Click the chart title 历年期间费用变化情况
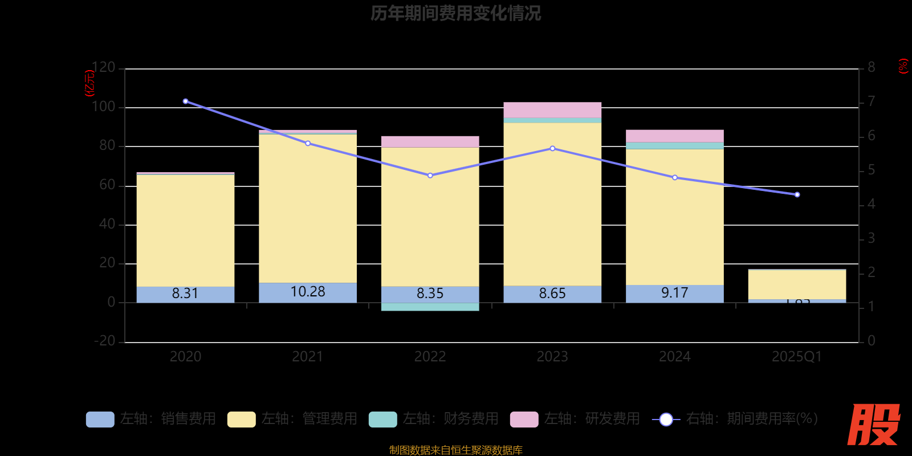(x=455, y=13)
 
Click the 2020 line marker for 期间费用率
(x=186, y=101)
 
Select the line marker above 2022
(x=430, y=176)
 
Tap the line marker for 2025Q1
(x=797, y=195)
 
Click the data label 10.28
(x=308, y=292)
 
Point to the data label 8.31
(x=185, y=294)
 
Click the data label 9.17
(x=675, y=293)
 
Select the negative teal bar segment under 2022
(x=430, y=307)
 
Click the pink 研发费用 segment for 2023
(x=552, y=110)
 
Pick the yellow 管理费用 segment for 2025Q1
(x=797, y=284)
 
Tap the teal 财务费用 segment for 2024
(x=675, y=145)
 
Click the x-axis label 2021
(x=308, y=357)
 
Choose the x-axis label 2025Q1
(x=797, y=357)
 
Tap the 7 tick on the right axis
(x=871, y=102)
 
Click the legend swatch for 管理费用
(x=242, y=419)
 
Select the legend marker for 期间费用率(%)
(x=666, y=420)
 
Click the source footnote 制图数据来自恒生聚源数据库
(x=455, y=450)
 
